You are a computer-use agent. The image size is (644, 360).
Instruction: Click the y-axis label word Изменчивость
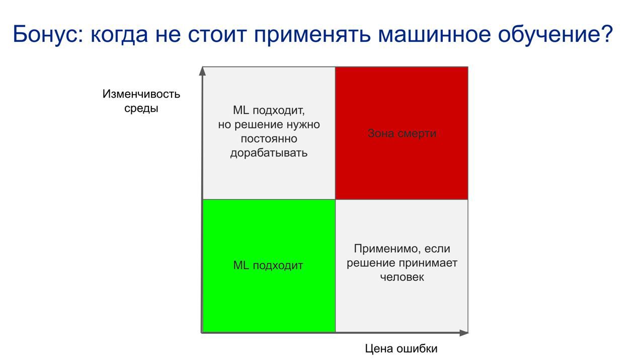pos(141,94)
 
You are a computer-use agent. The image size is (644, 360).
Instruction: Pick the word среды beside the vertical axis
pos(141,108)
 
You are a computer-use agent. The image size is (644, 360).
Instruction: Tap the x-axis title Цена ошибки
pos(401,348)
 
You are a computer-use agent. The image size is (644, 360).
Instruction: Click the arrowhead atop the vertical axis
pos(203,71)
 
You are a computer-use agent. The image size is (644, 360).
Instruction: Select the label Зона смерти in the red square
pos(402,133)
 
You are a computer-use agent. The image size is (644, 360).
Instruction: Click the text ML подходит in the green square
pos(268,265)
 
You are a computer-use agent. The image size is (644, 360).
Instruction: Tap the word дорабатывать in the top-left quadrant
pos(269,153)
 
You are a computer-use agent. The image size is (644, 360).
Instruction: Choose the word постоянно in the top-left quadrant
pos(269,138)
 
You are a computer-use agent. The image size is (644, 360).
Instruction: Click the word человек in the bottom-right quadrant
pos(402,277)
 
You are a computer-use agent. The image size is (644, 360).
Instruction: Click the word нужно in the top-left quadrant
pos(305,124)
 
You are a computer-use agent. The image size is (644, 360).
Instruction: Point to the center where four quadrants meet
pos(335,199)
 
